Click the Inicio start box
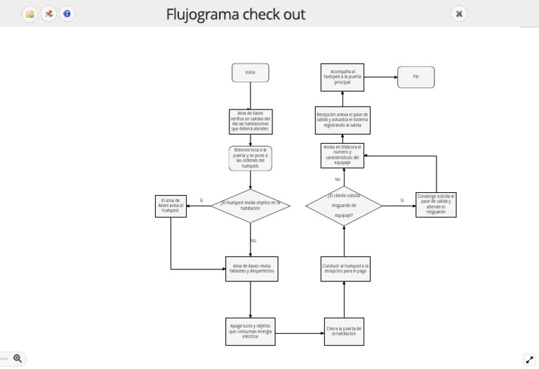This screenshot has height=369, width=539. point(250,72)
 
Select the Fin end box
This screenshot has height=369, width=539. point(415,77)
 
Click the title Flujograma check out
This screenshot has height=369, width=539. point(236,14)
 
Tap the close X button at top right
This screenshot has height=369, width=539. point(458,13)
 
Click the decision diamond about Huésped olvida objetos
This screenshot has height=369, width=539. point(250,206)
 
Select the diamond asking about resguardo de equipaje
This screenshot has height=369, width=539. point(344,206)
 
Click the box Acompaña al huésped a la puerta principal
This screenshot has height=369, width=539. point(342,77)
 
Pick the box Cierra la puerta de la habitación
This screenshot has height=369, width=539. point(344,331)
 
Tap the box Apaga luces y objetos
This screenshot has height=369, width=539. point(250,331)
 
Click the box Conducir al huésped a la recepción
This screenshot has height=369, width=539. point(344,269)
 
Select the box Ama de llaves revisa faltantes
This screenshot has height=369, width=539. point(250,269)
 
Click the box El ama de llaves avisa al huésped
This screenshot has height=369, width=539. point(171,206)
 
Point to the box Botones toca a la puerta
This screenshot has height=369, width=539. point(250,159)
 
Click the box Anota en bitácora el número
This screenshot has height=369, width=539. point(342,155)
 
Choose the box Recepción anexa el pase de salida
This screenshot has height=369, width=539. point(342,119)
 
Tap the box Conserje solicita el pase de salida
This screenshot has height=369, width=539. point(436,204)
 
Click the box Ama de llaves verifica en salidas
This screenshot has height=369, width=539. point(250,121)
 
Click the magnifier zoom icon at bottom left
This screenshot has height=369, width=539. point(18,358)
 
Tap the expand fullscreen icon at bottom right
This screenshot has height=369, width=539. point(530,359)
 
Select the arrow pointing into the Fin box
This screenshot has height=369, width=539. point(393,77)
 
